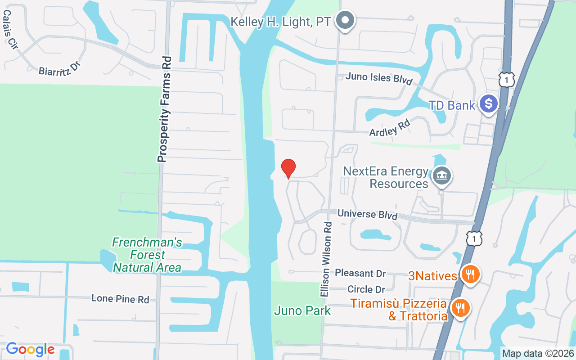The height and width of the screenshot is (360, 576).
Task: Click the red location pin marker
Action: click(x=288, y=168)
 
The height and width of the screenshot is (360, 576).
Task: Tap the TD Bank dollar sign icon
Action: click(x=488, y=104)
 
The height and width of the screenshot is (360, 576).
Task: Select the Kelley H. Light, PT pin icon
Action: click(x=346, y=20)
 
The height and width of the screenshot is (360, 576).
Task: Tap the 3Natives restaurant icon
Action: click(x=471, y=274)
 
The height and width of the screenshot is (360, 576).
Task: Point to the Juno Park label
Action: click(x=302, y=310)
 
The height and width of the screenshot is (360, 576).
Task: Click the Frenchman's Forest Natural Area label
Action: click(x=147, y=255)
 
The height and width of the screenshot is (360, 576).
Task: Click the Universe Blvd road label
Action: click(x=368, y=214)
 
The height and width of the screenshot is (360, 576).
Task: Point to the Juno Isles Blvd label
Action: click(x=379, y=79)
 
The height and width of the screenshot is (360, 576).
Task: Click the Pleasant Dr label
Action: click(x=360, y=273)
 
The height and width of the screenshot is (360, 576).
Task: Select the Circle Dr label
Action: click(x=366, y=289)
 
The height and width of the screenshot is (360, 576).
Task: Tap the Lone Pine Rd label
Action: click(x=120, y=298)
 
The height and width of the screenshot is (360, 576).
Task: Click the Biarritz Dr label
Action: click(x=59, y=68)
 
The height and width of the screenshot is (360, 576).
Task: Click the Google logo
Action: click(x=30, y=349)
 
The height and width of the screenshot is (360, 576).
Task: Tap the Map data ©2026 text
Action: click(x=538, y=354)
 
